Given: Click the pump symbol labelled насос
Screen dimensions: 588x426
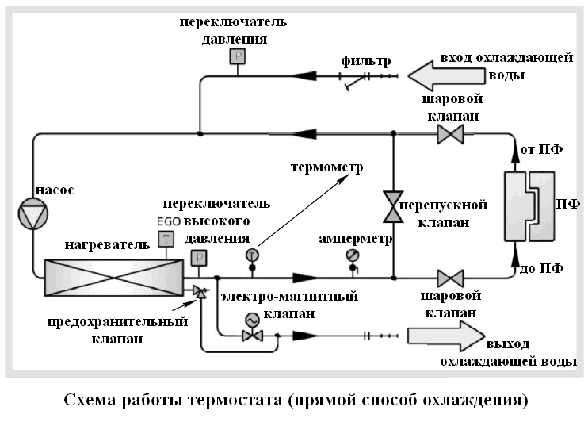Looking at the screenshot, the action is (x=33, y=213).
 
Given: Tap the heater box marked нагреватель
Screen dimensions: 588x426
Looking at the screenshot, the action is (x=114, y=278).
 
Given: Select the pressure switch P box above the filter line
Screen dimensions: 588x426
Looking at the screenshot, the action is (x=238, y=56).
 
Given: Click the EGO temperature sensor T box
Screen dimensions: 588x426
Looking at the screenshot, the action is (x=166, y=239).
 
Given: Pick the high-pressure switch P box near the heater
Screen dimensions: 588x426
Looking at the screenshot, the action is (x=199, y=258).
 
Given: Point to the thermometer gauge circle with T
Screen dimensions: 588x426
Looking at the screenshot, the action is (x=252, y=255).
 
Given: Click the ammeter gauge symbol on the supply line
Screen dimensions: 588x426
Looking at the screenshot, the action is (x=353, y=255).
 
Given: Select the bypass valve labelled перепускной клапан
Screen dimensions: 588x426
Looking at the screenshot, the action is (x=393, y=207).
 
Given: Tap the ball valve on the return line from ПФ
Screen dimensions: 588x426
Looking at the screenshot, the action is (x=450, y=133).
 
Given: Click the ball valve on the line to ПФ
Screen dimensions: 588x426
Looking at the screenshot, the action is (x=450, y=278).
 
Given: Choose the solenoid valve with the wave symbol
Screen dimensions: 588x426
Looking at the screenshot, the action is (x=252, y=328).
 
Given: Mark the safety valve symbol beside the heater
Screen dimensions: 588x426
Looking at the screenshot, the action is (x=200, y=292).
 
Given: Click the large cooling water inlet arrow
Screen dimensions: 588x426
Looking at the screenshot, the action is (x=446, y=76).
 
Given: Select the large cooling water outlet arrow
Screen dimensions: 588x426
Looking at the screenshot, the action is (x=446, y=336).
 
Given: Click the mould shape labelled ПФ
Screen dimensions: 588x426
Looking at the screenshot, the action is (x=529, y=206).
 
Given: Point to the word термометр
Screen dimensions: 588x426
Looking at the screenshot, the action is (x=327, y=167).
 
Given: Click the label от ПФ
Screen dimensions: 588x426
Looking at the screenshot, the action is (x=541, y=149).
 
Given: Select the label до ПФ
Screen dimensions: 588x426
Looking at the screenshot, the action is (x=541, y=268).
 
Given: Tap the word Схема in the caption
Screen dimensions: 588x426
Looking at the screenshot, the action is (x=90, y=400).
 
